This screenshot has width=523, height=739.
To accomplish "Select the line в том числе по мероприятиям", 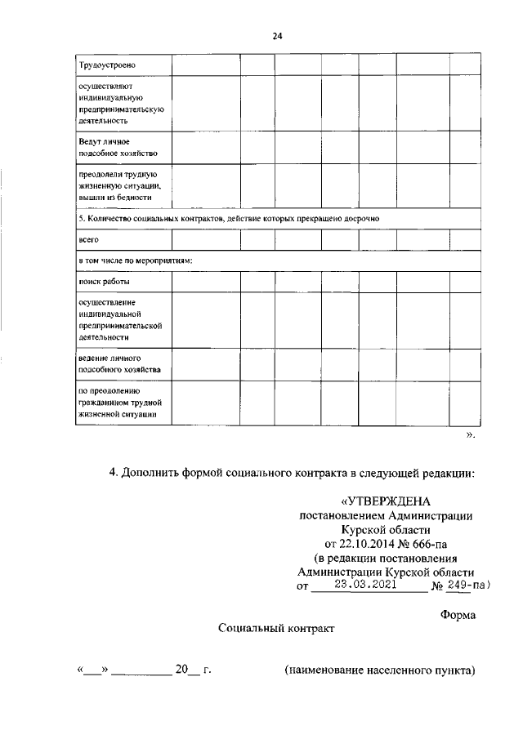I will click(134, 260).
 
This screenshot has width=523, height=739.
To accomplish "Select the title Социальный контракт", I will click(276, 630).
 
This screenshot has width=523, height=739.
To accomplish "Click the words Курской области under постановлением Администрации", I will click(385, 528).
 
